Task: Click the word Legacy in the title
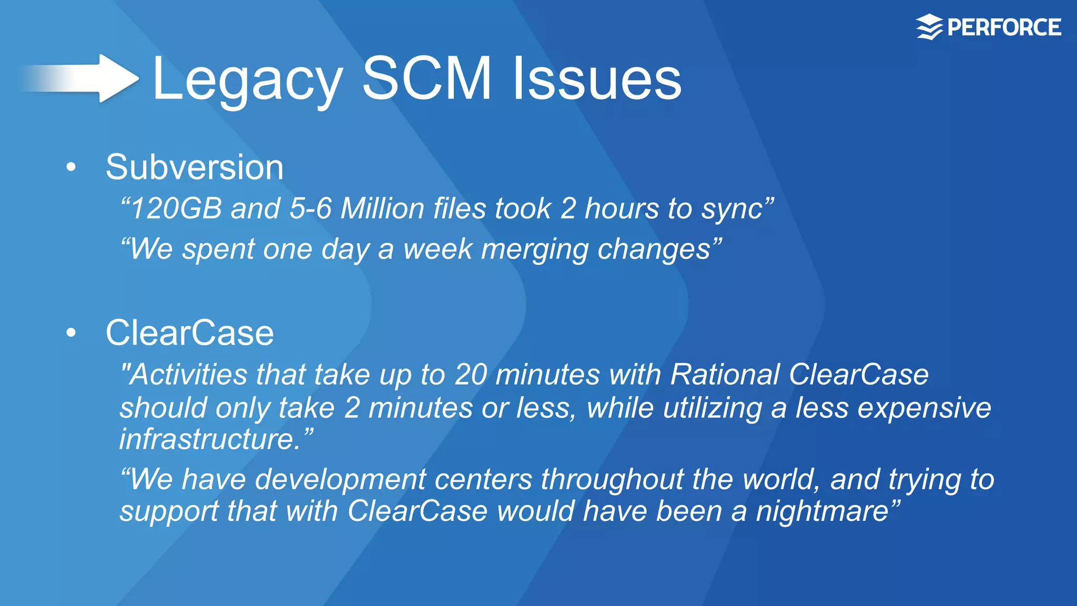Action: pos(247,80)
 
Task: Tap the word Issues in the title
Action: pos(597,79)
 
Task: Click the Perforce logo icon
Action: pos(929,27)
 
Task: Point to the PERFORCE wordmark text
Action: pos(1004,27)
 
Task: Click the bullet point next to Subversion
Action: pos(72,167)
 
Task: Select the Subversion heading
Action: pos(195,167)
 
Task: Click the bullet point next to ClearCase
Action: pos(72,332)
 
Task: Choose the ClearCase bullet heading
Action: pos(189,332)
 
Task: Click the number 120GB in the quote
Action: pos(176,208)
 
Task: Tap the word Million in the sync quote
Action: pos(382,208)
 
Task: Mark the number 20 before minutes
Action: pos(471,375)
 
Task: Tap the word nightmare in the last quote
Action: pos(822,511)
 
